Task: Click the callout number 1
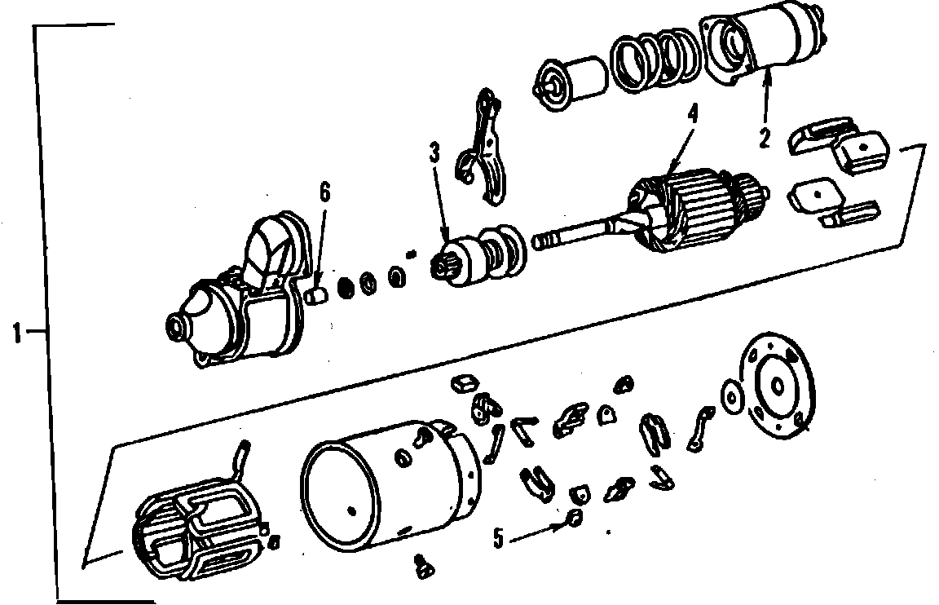[x=17, y=333]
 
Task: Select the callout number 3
[x=434, y=152]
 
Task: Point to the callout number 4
[x=693, y=114]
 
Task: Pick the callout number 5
[x=498, y=538]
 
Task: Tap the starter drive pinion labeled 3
[x=478, y=256]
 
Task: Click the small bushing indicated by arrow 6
[x=317, y=295]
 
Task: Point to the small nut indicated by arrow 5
[x=575, y=518]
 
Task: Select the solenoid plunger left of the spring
[x=569, y=84]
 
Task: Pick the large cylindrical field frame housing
[x=390, y=485]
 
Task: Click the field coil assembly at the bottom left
[x=197, y=527]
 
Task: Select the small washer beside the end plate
[x=731, y=396]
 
